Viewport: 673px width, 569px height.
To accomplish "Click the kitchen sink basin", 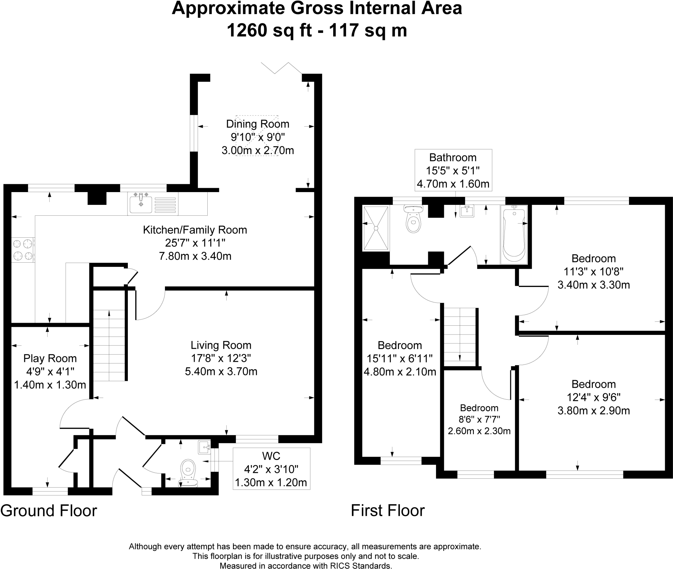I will coord(141,204).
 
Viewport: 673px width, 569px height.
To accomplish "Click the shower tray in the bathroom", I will coord(376,228).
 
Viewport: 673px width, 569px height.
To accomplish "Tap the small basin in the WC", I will coord(204,447).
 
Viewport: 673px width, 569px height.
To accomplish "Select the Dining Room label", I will coord(258,124).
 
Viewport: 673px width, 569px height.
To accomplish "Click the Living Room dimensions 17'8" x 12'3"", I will coord(221,358).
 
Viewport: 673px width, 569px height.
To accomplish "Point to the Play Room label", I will coord(50,358).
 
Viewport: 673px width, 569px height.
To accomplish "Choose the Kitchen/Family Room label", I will coord(195,230).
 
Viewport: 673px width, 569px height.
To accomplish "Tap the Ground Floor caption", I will coord(49,511).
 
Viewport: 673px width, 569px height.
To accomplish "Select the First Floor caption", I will coord(388,511).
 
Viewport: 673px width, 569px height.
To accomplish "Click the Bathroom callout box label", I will coord(453,158).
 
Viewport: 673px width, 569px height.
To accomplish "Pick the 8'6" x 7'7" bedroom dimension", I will coord(479,419).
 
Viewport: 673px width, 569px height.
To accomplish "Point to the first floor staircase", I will coord(460,337).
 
